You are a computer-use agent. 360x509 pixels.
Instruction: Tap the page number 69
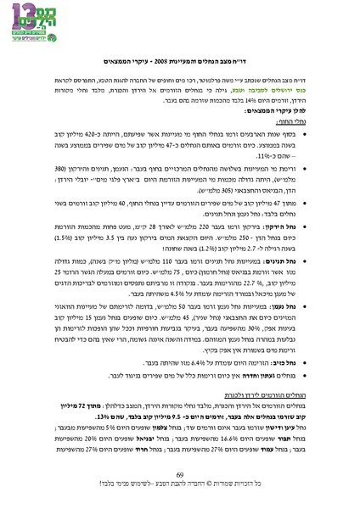point(180,474)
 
